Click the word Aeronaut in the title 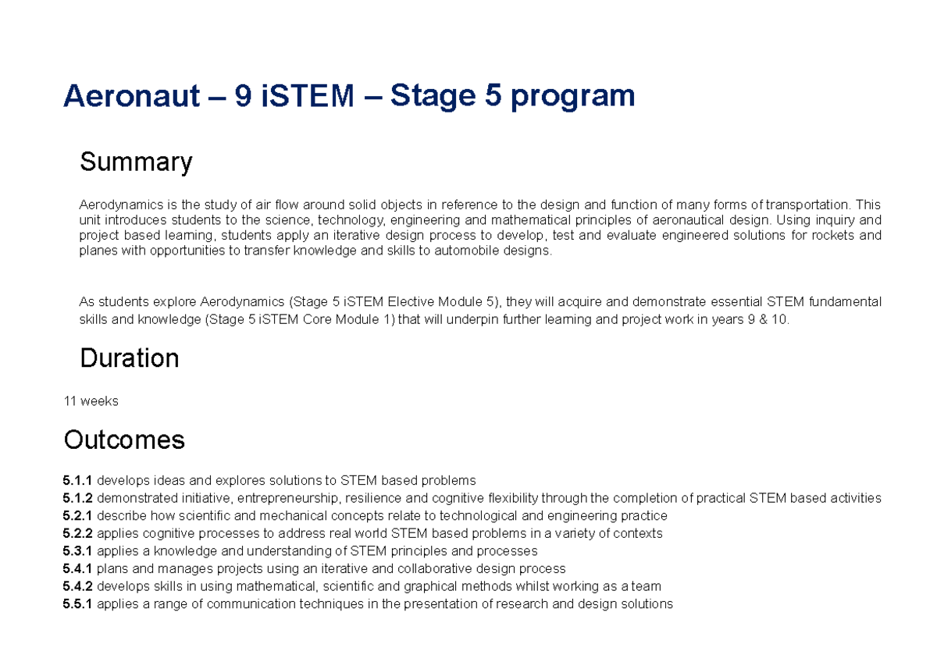pyautogui.click(x=131, y=97)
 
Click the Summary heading pyautogui.click(x=136, y=162)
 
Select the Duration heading pyautogui.click(x=130, y=358)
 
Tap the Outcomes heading pyautogui.click(x=124, y=440)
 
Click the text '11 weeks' pyautogui.click(x=91, y=401)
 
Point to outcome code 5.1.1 pyautogui.click(x=77, y=480)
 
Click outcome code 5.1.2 pyautogui.click(x=77, y=498)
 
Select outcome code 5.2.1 pyautogui.click(x=77, y=516)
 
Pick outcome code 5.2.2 pyautogui.click(x=77, y=534)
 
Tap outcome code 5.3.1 pyautogui.click(x=77, y=551)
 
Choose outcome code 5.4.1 pyautogui.click(x=77, y=569)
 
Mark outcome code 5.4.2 pyautogui.click(x=77, y=586)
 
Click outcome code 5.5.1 pyautogui.click(x=77, y=604)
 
